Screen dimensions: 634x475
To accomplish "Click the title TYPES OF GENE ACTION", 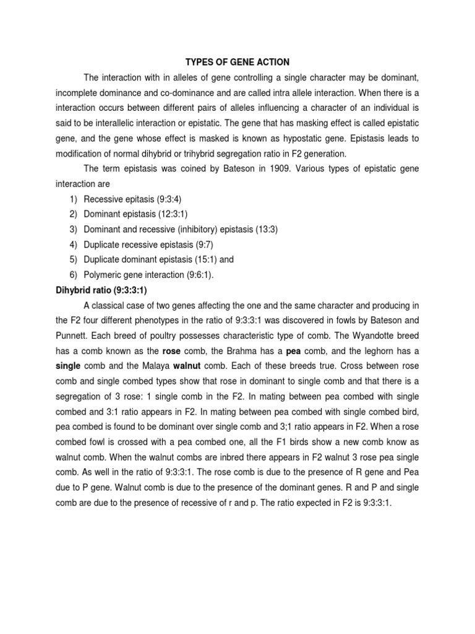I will [x=237, y=63].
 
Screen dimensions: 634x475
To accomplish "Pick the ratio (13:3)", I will [x=261, y=229].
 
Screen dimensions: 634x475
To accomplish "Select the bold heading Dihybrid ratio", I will [x=79, y=289].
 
